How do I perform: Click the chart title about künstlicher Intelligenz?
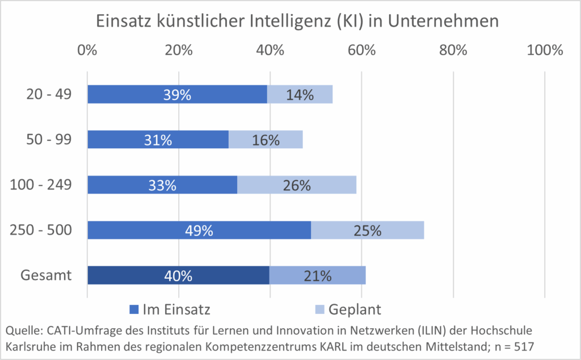coord(290,21)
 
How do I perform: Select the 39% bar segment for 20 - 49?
coord(177,94)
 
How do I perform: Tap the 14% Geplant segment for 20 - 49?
coord(300,94)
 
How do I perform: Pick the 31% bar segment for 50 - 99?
coord(158,140)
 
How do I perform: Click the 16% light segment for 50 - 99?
coord(266,140)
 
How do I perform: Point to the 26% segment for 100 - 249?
coord(297,185)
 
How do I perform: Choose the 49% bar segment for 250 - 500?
coord(199,231)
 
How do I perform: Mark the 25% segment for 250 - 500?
coord(367,231)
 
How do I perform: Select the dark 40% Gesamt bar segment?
coord(178,275)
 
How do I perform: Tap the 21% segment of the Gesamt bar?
coord(317,275)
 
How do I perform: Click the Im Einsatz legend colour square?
coord(134,309)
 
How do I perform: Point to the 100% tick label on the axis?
coord(544,50)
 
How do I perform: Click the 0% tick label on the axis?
coord(87,50)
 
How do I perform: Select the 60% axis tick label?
coord(362,50)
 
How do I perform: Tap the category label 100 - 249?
coord(40,185)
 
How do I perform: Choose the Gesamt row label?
coord(46,275)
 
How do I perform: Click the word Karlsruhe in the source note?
coord(30,345)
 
